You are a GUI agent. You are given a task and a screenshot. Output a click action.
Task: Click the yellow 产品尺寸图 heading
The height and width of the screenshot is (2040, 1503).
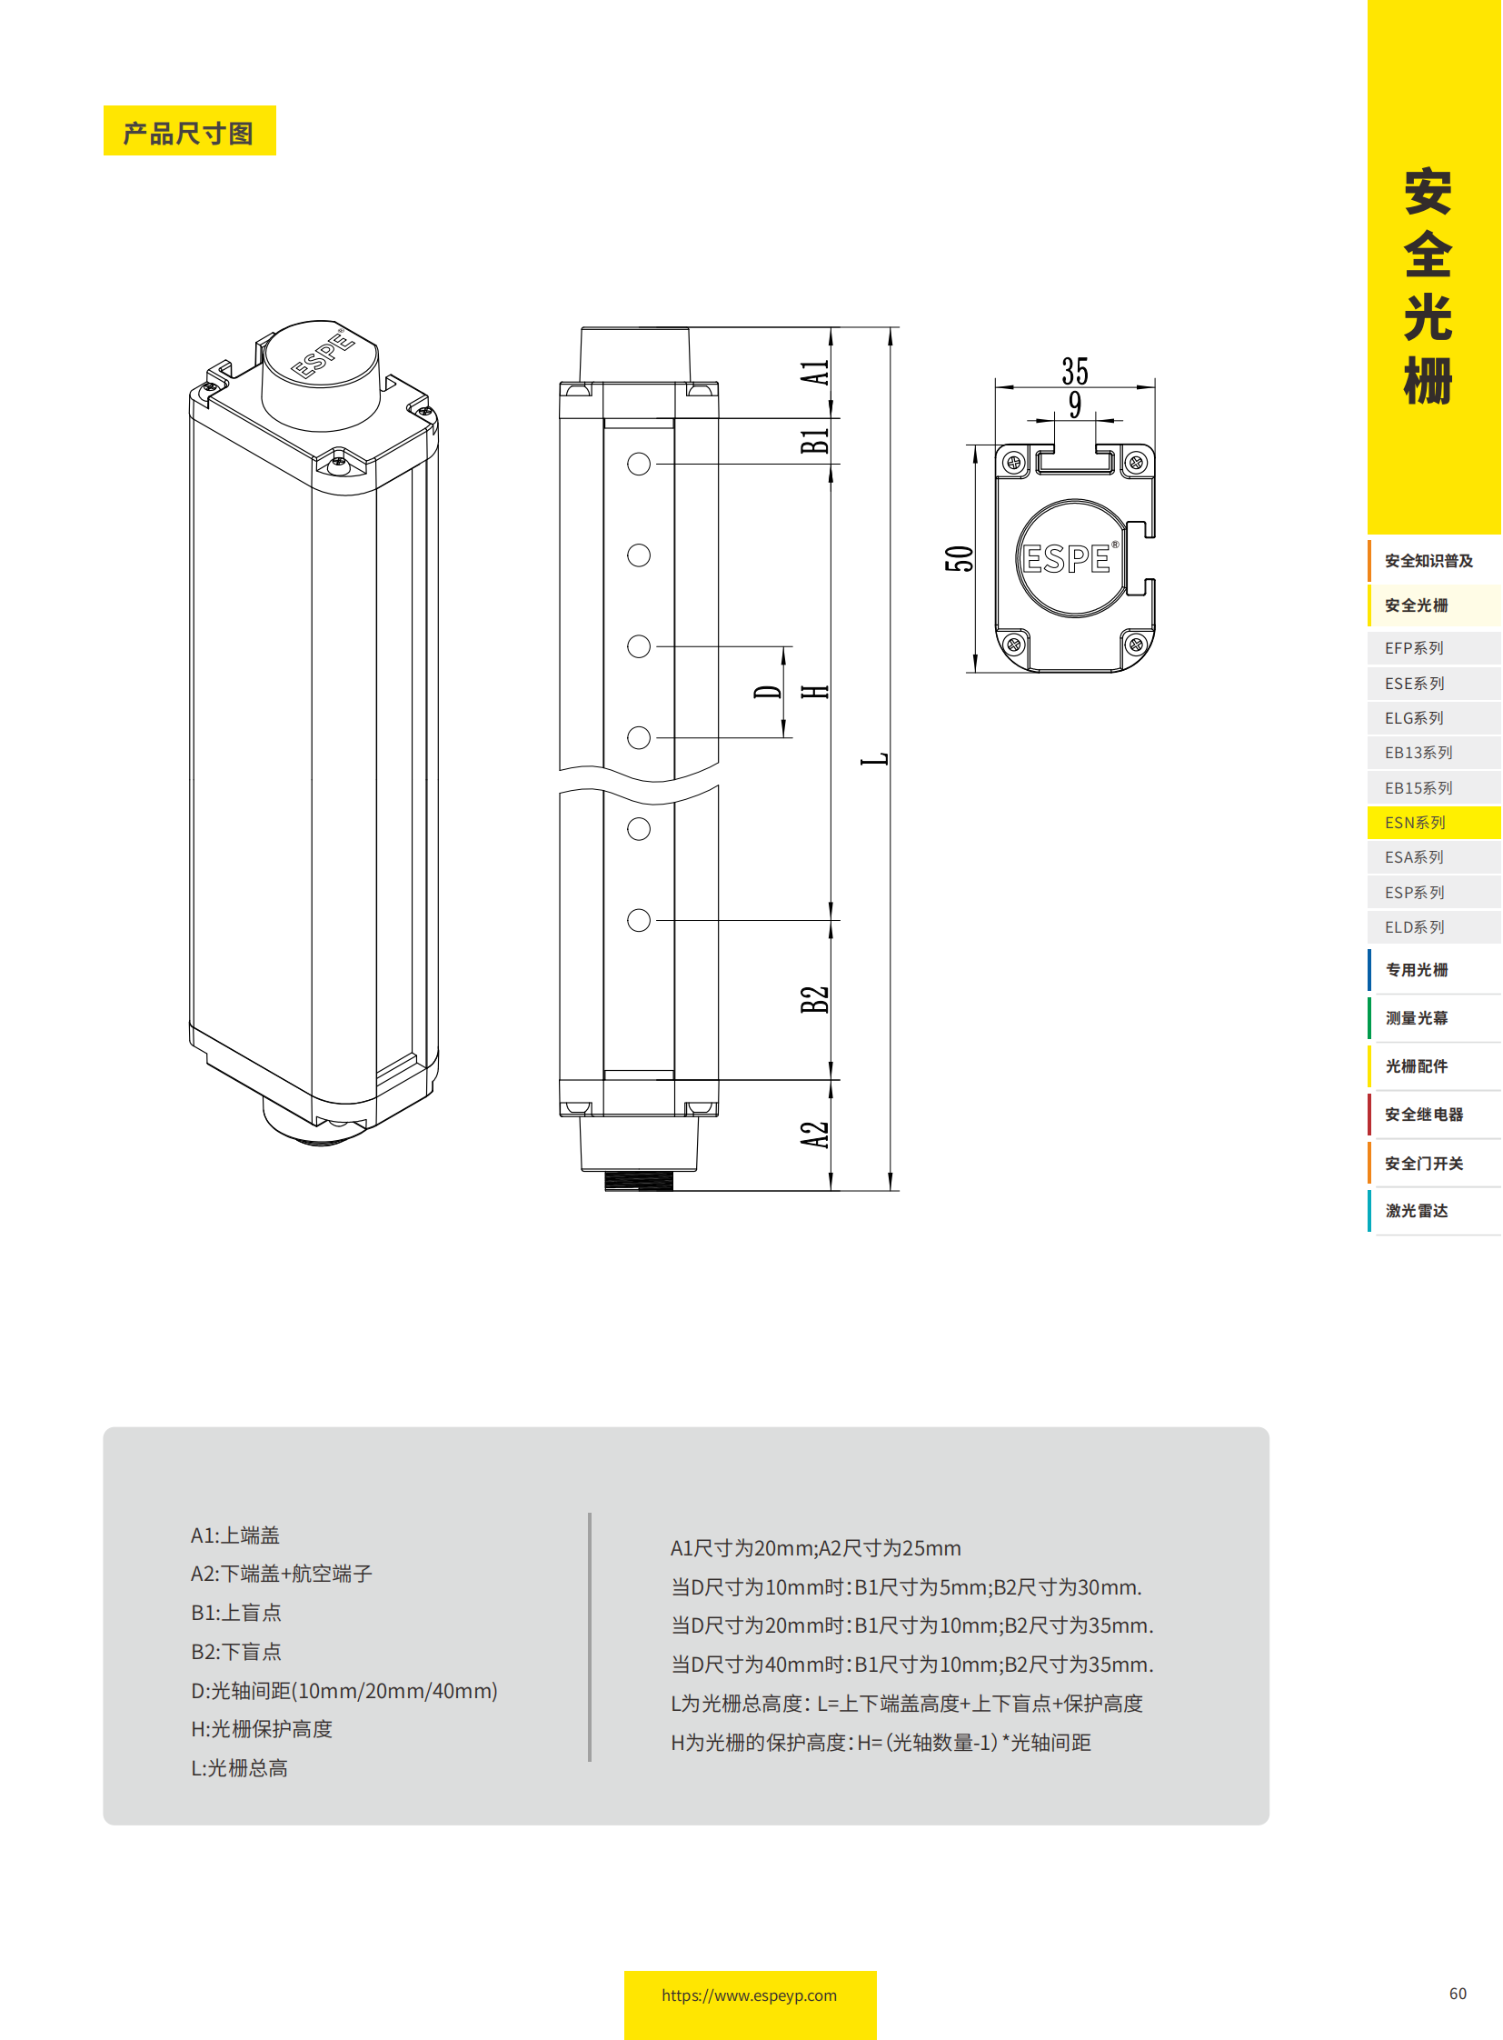click(189, 131)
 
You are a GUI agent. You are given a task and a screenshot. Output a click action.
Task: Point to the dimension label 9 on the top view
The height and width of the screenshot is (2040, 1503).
click(1074, 405)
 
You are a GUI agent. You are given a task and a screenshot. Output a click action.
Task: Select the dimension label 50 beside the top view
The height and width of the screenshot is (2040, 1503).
click(959, 559)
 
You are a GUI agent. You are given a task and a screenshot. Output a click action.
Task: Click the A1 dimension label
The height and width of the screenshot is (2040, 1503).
click(815, 373)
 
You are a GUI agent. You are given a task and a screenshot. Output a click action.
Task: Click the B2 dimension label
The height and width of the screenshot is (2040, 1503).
click(815, 999)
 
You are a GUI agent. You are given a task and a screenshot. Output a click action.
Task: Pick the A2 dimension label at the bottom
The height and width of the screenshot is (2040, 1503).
click(815, 1135)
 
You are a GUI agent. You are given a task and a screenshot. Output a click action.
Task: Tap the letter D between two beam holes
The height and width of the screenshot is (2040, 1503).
click(768, 692)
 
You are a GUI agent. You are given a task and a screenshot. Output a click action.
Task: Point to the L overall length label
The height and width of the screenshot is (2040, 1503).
click(874, 759)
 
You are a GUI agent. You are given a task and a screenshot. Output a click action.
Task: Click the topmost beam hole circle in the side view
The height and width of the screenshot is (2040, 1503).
click(639, 465)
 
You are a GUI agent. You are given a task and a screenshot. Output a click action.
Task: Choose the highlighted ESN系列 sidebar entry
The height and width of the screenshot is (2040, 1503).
click(1415, 823)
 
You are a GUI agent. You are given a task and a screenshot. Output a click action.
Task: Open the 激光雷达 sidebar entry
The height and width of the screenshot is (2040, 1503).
click(1417, 1211)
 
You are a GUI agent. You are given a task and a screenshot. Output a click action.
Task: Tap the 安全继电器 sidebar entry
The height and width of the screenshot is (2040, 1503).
click(1424, 1115)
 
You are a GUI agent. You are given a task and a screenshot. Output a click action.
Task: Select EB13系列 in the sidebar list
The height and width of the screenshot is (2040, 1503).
click(1418, 753)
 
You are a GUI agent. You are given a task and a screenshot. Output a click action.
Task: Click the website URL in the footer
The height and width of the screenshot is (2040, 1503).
click(749, 1995)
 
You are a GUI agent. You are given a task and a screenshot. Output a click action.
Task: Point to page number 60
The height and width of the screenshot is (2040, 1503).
click(1458, 1994)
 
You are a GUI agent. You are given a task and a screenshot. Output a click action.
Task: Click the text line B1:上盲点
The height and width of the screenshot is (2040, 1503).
click(236, 1613)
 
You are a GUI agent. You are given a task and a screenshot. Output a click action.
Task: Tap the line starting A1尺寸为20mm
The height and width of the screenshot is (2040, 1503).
click(815, 1548)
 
